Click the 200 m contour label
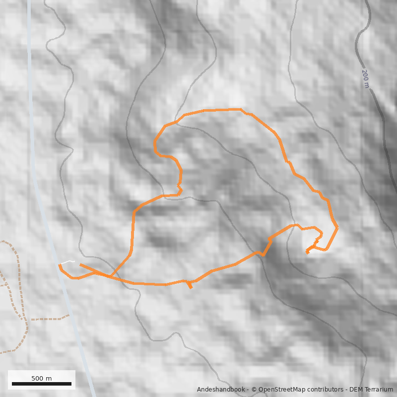point(365,78)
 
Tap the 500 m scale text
point(42,378)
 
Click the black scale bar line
point(42,384)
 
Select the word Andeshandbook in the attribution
point(221,390)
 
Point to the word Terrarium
point(377,390)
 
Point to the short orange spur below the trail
point(189,285)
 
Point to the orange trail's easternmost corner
point(337,228)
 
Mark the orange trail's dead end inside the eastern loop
point(307,252)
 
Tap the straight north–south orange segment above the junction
point(133,233)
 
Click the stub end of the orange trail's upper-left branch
point(81,265)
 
